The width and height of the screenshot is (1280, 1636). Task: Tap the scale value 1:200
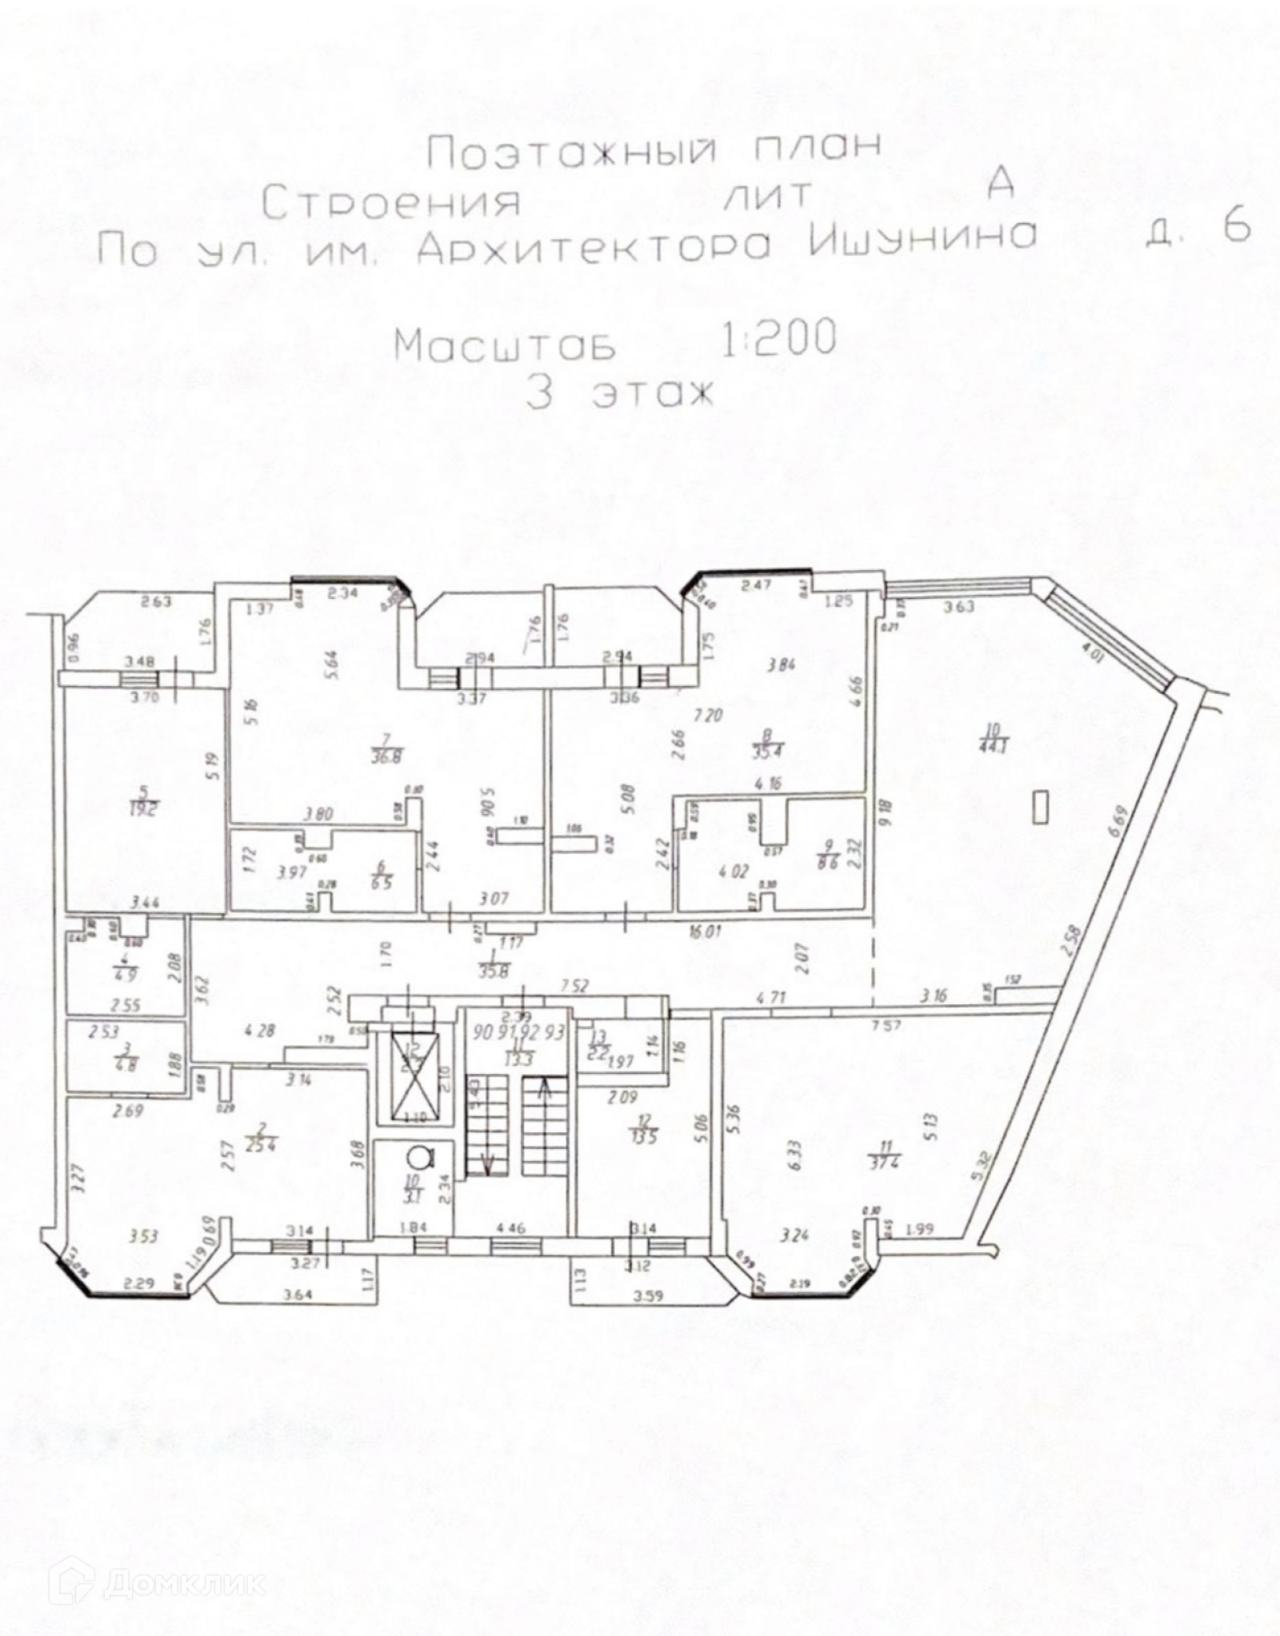779,338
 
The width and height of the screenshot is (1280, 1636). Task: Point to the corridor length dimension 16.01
703,932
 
